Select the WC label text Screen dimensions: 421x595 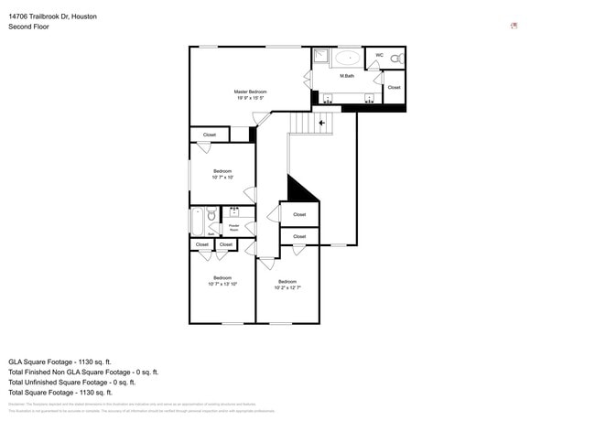379,55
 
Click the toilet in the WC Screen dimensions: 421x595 395,59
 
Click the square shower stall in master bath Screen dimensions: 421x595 321,57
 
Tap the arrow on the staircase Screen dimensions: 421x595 321,121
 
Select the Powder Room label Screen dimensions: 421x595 233,227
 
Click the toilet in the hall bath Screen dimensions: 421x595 212,216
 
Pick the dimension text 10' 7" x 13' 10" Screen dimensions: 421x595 222,284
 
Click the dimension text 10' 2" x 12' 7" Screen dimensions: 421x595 287,287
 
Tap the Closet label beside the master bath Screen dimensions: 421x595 394,87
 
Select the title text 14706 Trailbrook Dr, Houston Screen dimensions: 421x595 53,16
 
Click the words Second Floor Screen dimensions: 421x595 29,27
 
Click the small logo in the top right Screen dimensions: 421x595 514,26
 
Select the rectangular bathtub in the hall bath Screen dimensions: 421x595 197,222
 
